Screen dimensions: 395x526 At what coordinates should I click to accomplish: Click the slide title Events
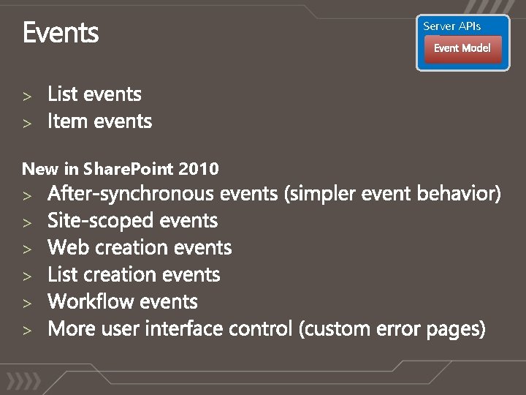pos(61,34)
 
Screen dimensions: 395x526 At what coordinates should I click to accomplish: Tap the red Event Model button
pos(462,48)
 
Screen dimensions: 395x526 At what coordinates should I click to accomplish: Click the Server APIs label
pos(452,26)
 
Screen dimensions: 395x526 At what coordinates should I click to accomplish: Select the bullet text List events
pos(94,94)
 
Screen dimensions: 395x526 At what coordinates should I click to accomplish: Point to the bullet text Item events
pos(99,121)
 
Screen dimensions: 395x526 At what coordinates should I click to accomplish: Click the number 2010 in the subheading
pos(199,169)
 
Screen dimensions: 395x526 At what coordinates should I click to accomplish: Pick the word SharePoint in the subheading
pos(129,169)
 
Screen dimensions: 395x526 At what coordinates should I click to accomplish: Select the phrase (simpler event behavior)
pos(393,194)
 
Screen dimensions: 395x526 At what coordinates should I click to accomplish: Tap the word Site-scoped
pos(101,221)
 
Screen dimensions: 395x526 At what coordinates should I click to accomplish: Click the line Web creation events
pos(140,248)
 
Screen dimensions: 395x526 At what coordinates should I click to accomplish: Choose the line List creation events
pos(134,275)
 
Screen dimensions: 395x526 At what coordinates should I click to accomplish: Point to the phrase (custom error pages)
pos(392,329)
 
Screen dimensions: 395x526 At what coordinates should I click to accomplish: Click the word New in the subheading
pos(41,169)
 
